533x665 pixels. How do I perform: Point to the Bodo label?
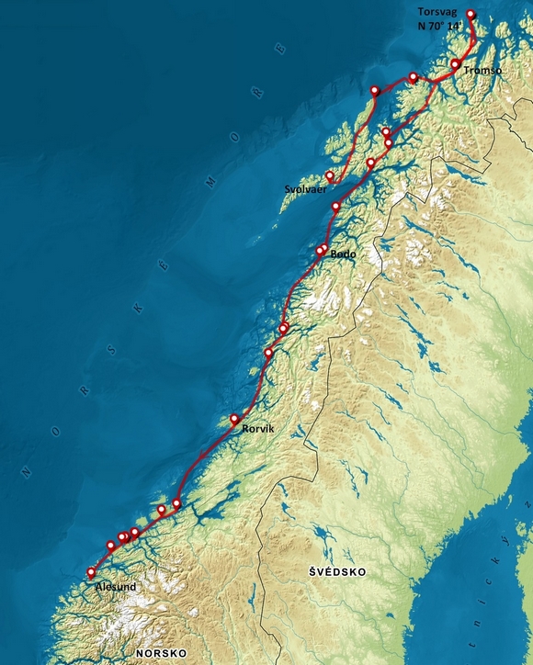pyautogui.click(x=343, y=254)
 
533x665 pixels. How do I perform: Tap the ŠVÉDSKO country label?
pyautogui.click(x=337, y=571)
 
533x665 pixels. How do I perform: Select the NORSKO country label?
pyautogui.click(x=161, y=652)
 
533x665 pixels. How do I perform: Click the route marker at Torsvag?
pyautogui.click(x=471, y=14)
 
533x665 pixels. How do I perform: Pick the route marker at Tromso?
pyautogui.click(x=455, y=64)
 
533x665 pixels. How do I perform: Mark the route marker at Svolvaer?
pyautogui.click(x=329, y=175)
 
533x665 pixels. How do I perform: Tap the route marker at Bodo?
pyautogui.click(x=321, y=251)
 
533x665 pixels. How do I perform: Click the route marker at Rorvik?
pyautogui.click(x=234, y=419)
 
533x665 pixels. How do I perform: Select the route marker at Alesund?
pyautogui.click(x=91, y=572)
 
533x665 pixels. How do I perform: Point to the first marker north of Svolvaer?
pyautogui.click(x=375, y=90)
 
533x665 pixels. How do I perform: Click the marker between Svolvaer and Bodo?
pyautogui.click(x=335, y=207)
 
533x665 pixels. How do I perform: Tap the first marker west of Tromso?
pyautogui.click(x=413, y=77)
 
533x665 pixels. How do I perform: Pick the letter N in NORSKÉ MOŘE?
pyautogui.click(x=26, y=475)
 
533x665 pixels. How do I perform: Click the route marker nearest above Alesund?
pyautogui.click(x=110, y=546)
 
